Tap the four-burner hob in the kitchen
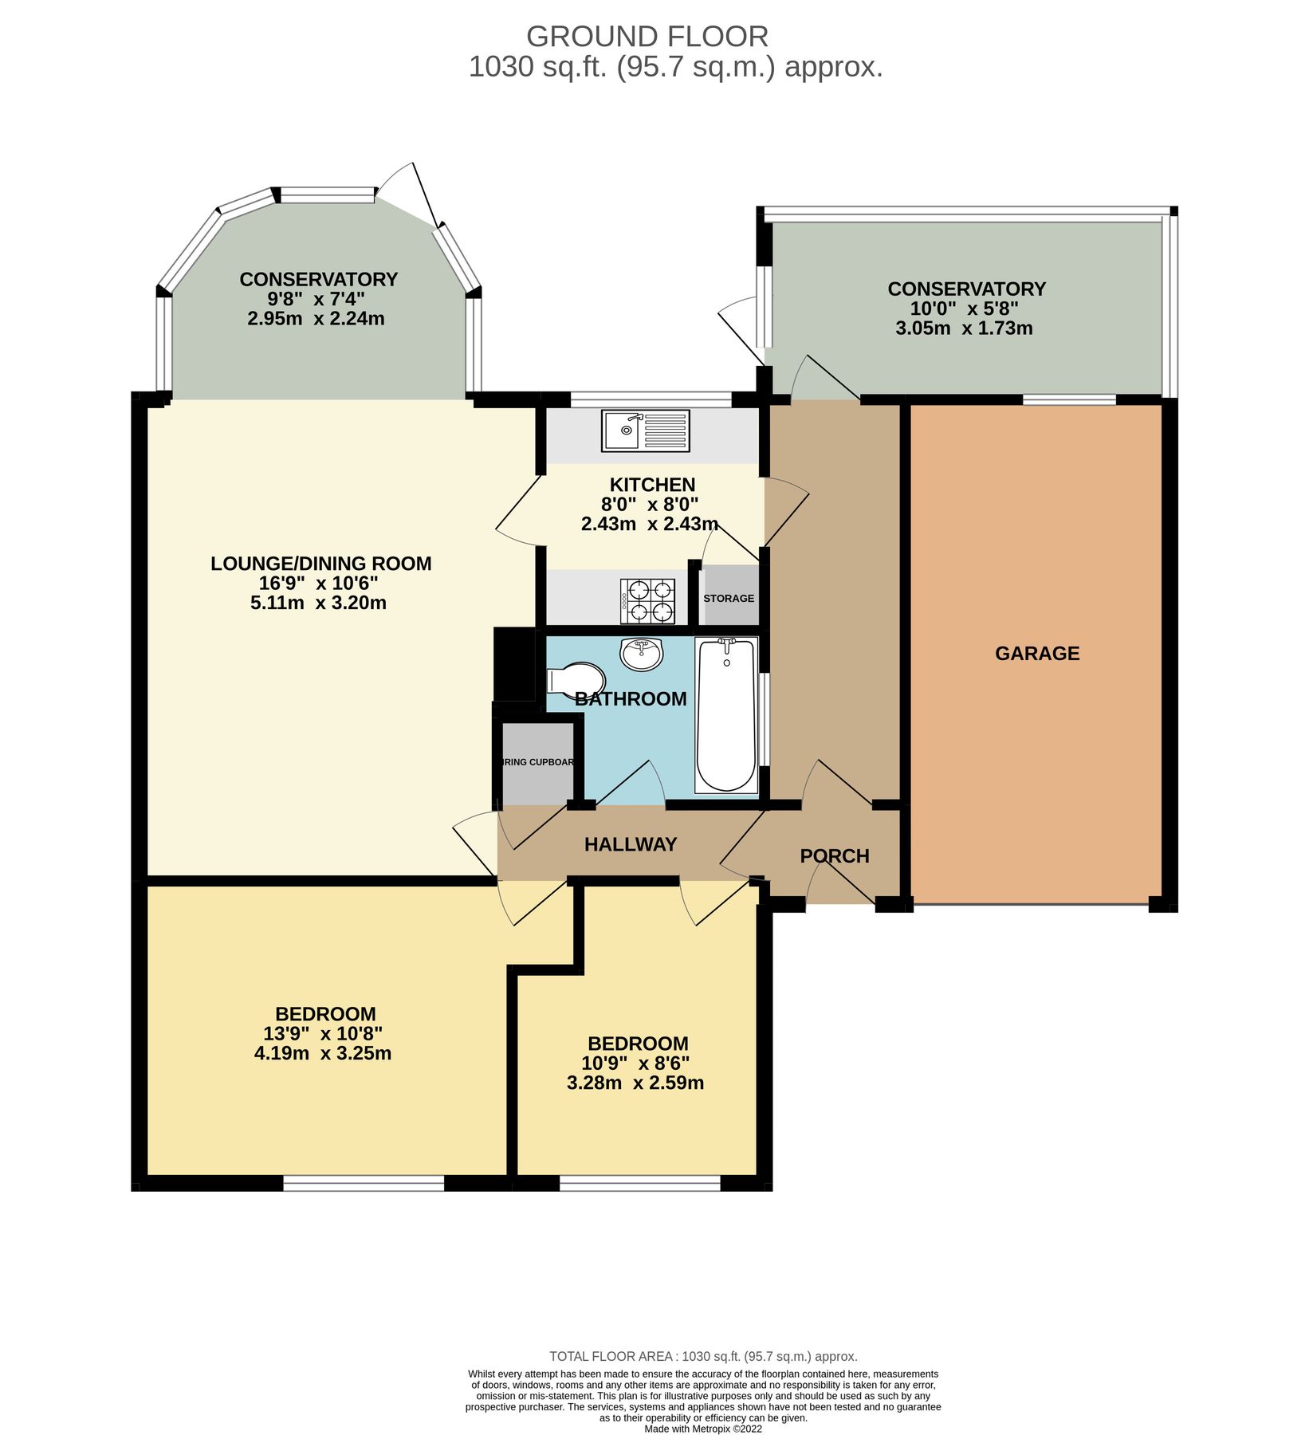pos(647,601)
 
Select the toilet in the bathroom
pos(576,680)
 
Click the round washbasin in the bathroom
pos(641,654)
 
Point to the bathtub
pos(725,715)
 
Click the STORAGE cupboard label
pos(728,598)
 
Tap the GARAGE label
pos(1037,653)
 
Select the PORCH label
pos(834,855)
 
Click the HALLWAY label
pos(630,844)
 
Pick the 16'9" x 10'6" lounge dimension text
pos(318,583)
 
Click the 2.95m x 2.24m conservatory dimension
pos(316,319)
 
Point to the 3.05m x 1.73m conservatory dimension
pos(964,328)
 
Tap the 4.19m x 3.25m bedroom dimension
pos(322,1052)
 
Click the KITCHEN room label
pos(651,484)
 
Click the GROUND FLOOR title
pos(647,36)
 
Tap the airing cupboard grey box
pos(536,762)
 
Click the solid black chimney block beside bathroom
pos(514,663)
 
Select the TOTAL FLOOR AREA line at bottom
pos(703,1355)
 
